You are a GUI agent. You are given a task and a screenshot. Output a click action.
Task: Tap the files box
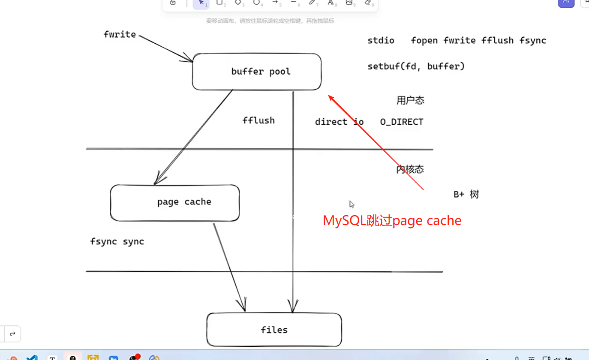click(274, 330)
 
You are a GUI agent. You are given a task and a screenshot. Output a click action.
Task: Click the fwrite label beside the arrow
click(120, 34)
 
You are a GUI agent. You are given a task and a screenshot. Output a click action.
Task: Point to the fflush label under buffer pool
click(258, 120)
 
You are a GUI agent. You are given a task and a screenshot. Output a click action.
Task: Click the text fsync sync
click(117, 241)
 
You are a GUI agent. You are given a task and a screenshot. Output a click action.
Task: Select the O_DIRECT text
click(401, 122)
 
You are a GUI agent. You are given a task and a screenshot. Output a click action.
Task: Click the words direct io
click(339, 122)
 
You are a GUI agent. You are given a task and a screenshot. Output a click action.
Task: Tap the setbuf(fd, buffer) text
click(416, 66)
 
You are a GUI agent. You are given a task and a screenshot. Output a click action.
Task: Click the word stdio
click(381, 40)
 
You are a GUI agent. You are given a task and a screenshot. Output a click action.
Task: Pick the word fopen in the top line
click(424, 40)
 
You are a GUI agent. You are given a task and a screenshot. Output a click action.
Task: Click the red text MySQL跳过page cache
click(392, 220)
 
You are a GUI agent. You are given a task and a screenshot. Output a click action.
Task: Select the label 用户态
click(410, 100)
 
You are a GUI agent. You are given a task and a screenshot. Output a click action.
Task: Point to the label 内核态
click(410, 169)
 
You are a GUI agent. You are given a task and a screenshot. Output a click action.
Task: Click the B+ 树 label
click(466, 194)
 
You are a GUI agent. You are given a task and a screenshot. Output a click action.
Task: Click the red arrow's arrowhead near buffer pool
click(331, 97)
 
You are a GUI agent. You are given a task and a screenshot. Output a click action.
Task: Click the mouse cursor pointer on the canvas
click(352, 204)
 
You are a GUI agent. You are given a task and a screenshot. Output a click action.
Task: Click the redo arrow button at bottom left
click(12, 334)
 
